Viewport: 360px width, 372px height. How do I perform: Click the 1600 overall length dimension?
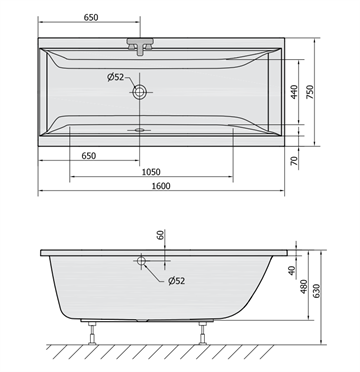point(161,186)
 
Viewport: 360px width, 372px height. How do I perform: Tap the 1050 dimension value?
point(151,172)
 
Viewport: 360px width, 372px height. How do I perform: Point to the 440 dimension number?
point(294,92)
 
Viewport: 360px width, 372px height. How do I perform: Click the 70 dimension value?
point(294,161)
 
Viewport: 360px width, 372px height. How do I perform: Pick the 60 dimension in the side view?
point(161,235)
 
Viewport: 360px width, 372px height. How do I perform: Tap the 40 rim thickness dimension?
point(292,270)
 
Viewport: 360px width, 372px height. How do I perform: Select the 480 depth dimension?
point(303,286)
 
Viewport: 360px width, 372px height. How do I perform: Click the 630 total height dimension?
point(316,291)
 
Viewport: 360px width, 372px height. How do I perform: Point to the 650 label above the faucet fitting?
point(91,17)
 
